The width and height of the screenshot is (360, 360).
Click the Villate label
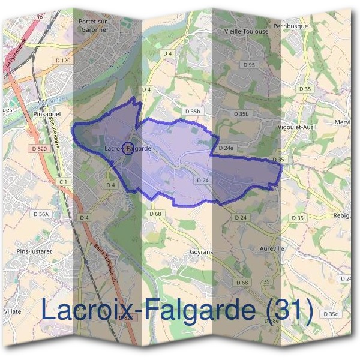coord(13,312)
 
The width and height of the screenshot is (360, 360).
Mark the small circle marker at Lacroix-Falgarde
coord(128,148)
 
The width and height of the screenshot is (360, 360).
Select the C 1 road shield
coord(64,181)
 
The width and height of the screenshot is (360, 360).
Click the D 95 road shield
coord(250,64)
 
